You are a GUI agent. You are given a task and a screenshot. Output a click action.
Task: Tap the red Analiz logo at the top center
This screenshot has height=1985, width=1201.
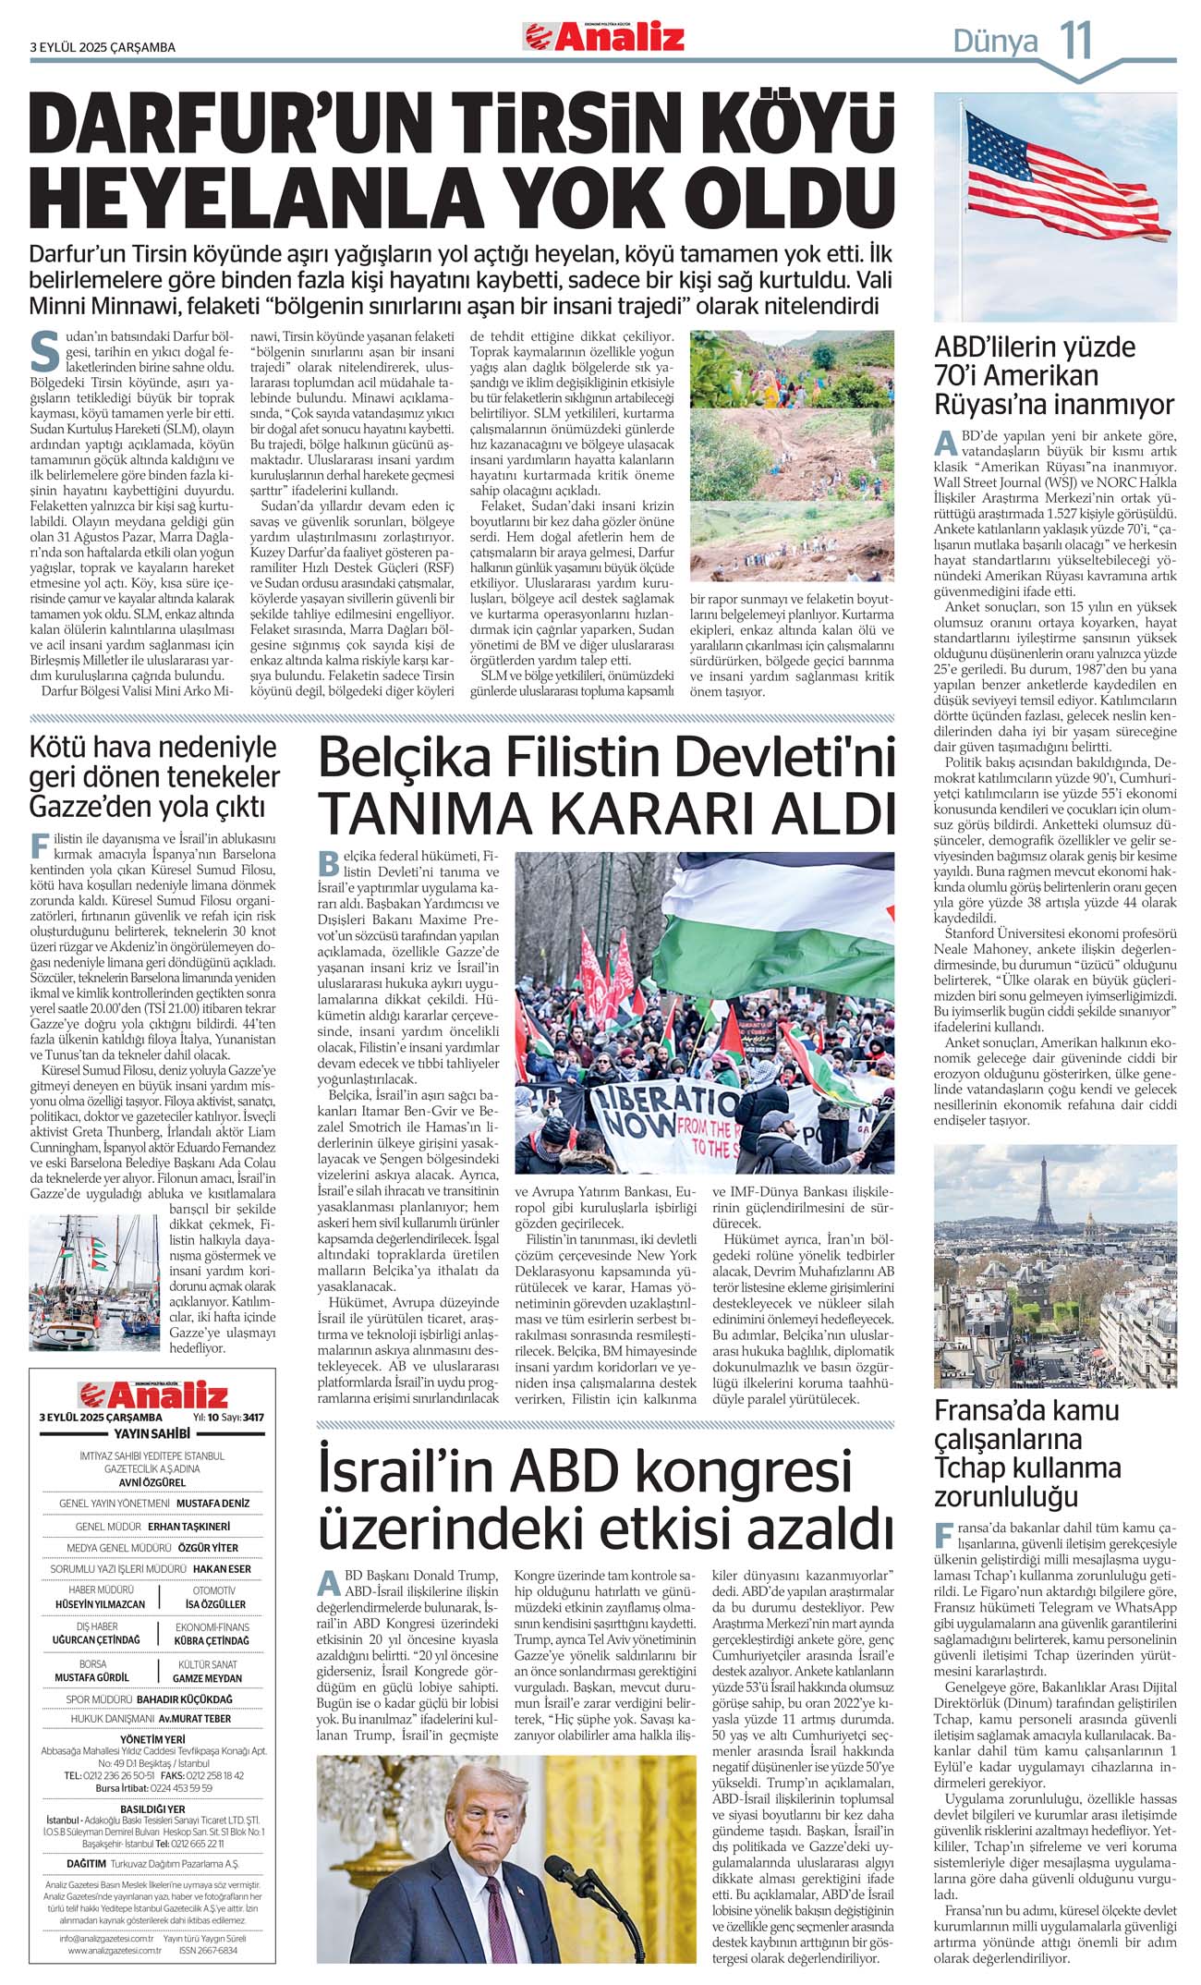pyautogui.click(x=605, y=37)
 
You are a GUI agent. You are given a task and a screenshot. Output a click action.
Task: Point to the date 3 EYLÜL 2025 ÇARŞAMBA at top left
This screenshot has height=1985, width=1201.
pyautogui.click(x=103, y=47)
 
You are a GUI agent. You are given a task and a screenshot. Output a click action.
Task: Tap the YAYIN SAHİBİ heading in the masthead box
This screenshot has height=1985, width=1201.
pyautogui.click(x=152, y=1433)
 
